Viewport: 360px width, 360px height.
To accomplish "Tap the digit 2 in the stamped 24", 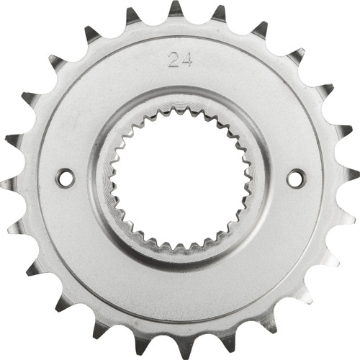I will (x=173, y=59).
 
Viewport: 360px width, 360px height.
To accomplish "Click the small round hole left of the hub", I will (x=65, y=177).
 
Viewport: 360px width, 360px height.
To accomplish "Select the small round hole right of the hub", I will (x=296, y=177).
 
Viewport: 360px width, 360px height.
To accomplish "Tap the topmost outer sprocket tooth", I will (x=176, y=9).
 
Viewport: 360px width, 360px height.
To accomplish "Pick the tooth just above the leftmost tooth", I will (x=14, y=139).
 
